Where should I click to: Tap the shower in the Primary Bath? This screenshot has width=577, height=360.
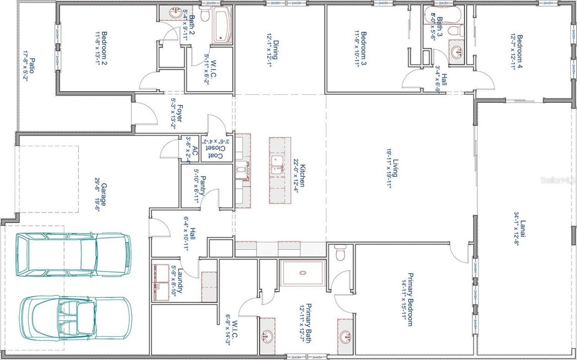click(x=302, y=273)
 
